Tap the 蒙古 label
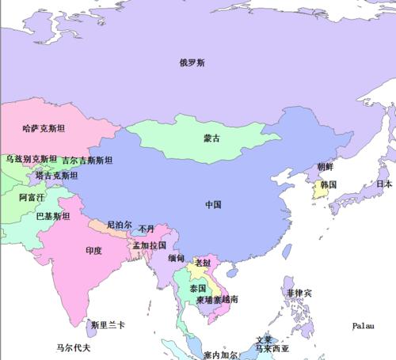(212, 138)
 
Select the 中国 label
(212, 204)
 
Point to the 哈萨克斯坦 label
(37, 127)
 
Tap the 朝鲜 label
(326, 166)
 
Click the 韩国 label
(328, 184)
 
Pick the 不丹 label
(147, 229)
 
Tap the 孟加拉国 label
(150, 245)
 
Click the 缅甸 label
(177, 259)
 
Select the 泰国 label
(198, 289)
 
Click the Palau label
(364, 325)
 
